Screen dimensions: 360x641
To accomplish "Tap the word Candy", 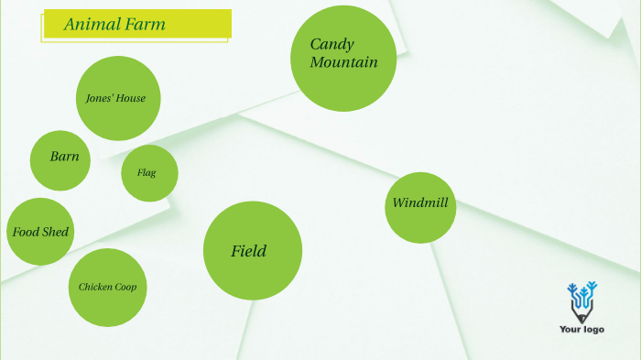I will click(331, 44).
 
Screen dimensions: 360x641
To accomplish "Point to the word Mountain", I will click(343, 62).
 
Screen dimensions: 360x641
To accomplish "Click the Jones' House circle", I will click(117, 98).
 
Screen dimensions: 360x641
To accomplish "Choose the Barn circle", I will click(64, 158).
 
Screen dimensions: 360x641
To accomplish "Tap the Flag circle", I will click(148, 173).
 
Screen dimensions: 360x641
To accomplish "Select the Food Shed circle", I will click(40, 232).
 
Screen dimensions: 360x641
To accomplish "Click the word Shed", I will click(56, 232).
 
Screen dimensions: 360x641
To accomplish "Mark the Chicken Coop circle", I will click(108, 287).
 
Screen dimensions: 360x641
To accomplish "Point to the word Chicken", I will click(95, 287).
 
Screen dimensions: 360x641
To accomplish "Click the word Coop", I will click(126, 287).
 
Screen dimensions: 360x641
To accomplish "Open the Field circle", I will click(252, 251).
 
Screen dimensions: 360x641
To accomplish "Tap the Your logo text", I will click(581, 329).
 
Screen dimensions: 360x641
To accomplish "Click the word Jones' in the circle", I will click(100, 98).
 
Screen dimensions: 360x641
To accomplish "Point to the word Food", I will click(26, 232).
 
